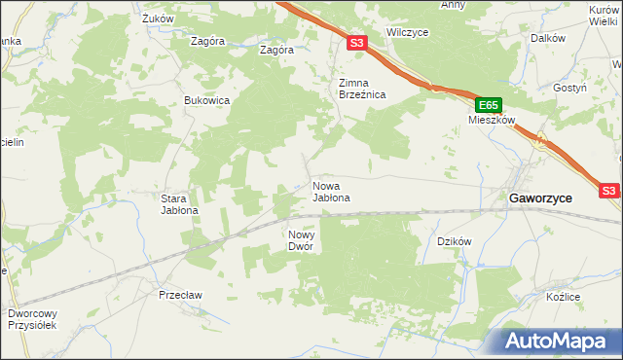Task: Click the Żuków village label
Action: [157, 18]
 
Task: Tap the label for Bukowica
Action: [207, 100]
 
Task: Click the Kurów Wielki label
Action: [605, 15]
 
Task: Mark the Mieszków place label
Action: [490, 122]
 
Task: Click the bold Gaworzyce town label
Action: [541, 197]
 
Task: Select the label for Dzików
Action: [454, 241]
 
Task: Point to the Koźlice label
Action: [563, 296]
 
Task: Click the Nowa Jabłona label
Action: [331, 191]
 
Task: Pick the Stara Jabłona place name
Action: [179, 203]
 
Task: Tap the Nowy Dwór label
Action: [301, 240]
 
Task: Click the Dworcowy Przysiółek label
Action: [32, 319]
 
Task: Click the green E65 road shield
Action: [489, 105]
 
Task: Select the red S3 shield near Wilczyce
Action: [357, 43]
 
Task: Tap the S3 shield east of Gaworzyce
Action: [609, 192]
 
